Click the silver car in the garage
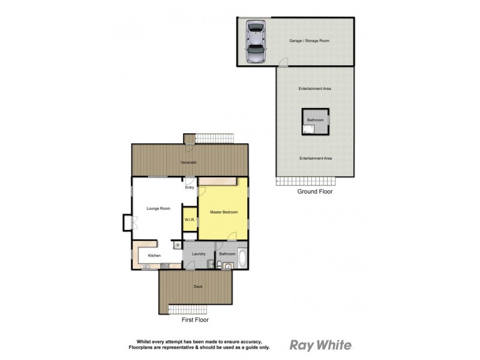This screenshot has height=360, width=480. coord(256,43)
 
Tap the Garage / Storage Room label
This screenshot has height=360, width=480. coord(310,41)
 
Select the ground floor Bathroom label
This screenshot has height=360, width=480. coord(315,120)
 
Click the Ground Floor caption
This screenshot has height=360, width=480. coord(315,192)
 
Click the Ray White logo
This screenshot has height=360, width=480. coord(320,345)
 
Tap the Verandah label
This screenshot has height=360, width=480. coord(190,163)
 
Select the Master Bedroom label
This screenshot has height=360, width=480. coord(224,212)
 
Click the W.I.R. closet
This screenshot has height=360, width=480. coord(190,220)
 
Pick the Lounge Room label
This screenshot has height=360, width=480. coord(158,209)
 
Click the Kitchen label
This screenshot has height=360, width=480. coord(154,256)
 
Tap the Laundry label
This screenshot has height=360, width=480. coord(199,254)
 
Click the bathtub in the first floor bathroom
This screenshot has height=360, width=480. coord(242,259)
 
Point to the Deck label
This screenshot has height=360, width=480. coord(198,287)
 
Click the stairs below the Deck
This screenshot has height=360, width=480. coord(188,310)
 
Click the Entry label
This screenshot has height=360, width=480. coord(190,188)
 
